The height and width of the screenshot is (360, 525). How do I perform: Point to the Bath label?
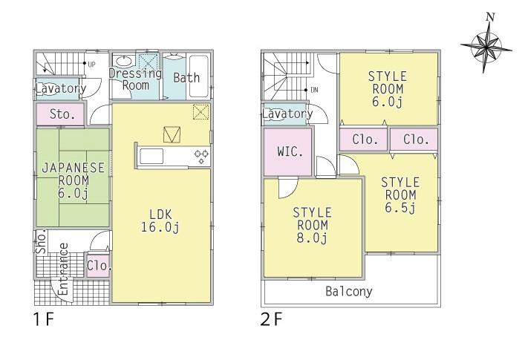186,77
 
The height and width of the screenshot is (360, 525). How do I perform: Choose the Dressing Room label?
135,79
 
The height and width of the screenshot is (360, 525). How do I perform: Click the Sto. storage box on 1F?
62,114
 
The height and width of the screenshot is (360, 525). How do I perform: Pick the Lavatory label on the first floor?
61,88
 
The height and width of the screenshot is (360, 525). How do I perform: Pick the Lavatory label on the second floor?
287,114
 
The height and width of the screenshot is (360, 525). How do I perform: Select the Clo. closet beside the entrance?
98,266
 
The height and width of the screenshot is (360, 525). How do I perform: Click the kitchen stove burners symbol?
201,156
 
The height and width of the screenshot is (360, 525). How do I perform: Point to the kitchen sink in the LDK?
153,156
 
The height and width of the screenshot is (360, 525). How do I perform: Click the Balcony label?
349,291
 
